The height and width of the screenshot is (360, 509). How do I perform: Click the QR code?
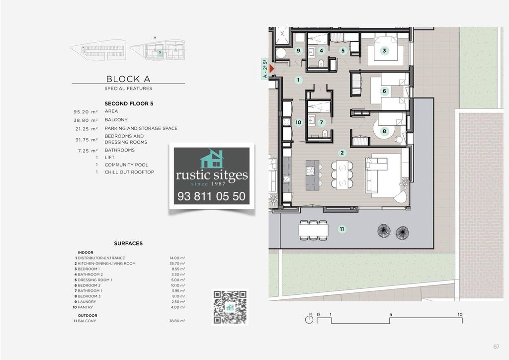(x=230, y=307)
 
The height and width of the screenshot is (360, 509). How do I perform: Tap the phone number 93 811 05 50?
(x=211, y=196)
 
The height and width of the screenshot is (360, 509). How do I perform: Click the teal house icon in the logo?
(x=212, y=159)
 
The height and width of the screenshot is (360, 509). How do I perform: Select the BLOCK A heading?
(x=128, y=79)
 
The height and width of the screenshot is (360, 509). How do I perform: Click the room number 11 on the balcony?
(x=342, y=229)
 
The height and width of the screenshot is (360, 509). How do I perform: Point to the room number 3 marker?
(x=384, y=51)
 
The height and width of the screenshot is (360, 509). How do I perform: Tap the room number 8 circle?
(x=384, y=131)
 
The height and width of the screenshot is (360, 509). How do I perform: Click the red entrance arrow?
(x=272, y=69)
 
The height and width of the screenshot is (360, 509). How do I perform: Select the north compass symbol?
(x=309, y=319)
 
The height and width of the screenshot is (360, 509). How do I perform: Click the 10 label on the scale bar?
(x=460, y=315)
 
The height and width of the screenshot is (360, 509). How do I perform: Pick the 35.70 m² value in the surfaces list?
(x=177, y=264)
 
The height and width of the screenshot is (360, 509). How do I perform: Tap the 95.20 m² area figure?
(x=85, y=112)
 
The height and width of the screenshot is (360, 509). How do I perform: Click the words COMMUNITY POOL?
(x=126, y=165)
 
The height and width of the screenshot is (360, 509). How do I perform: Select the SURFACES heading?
(x=128, y=244)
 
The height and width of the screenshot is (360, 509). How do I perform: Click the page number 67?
(x=497, y=347)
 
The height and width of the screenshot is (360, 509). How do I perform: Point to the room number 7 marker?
(x=322, y=122)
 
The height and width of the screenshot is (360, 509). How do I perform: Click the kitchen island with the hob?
(x=312, y=175)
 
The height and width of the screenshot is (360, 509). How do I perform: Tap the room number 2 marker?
(x=342, y=153)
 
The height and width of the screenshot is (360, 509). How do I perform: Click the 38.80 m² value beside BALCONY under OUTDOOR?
(x=177, y=321)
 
